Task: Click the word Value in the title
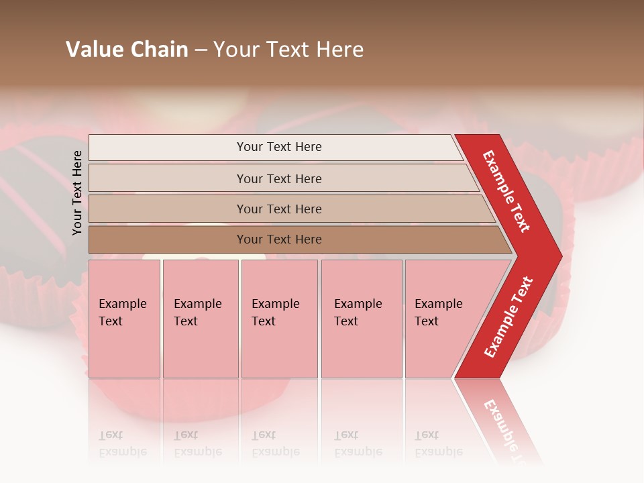coord(93,50)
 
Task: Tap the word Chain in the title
coord(160,50)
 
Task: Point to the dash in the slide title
coord(201,50)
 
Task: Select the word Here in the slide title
coord(341,50)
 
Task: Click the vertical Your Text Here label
coord(77,193)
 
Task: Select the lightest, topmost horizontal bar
coord(279,147)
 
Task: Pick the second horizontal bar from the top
coord(279,178)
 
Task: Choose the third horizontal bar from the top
coord(279,209)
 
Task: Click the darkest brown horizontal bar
coord(279,239)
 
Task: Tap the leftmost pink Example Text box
coord(124,319)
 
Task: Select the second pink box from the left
coord(201,319)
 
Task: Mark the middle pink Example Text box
coord(279,319)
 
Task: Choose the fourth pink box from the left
coord(362,319)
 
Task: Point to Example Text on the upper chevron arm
coord(506,191)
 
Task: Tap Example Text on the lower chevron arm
coord(508,317)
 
